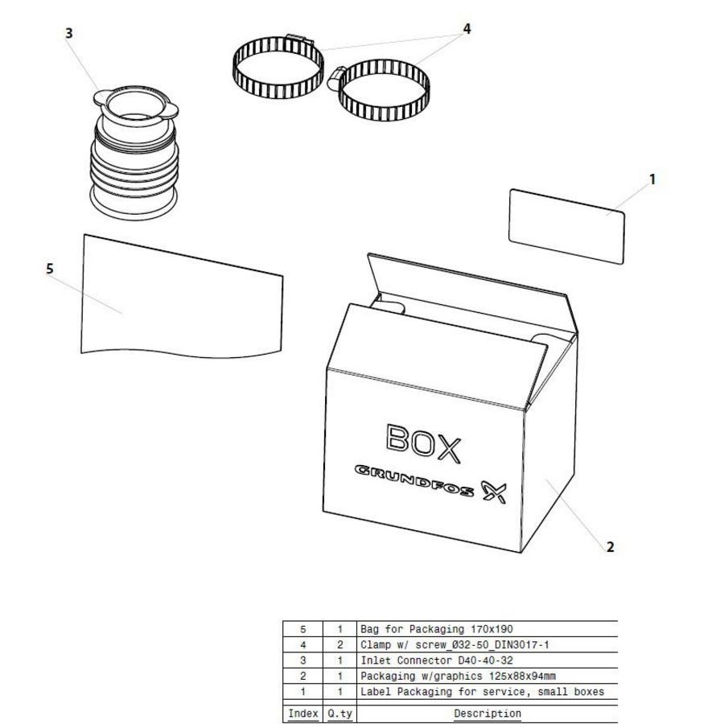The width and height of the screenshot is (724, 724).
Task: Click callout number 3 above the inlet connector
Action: pos(69,33)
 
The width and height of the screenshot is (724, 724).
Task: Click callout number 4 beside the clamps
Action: pos(467,29)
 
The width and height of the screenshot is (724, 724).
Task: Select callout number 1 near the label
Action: pos(652,179)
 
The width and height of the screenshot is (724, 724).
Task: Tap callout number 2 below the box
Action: pos(610,547)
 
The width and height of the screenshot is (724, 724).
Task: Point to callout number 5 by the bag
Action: pos(50,269)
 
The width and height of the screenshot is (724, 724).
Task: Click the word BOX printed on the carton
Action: pos(423,443)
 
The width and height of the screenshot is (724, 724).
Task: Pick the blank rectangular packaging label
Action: pos(568,226)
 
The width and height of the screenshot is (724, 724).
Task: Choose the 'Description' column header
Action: pos(487,714)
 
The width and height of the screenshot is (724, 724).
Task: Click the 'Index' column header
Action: pos(302,714)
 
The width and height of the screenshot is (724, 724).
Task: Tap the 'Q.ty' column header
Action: pos(340,714)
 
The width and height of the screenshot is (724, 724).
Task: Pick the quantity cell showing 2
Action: pos(340,645)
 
